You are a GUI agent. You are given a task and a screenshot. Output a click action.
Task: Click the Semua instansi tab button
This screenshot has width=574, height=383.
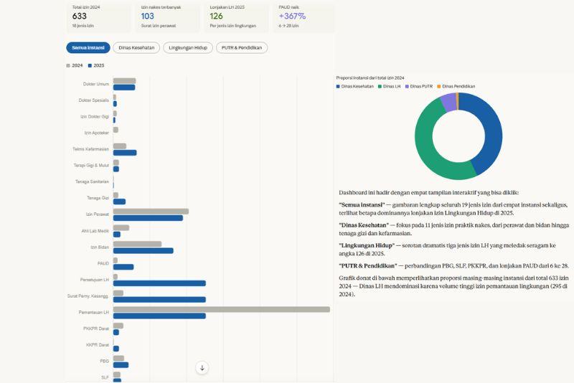88,48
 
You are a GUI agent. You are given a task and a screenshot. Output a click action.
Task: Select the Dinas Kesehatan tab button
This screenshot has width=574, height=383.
136,48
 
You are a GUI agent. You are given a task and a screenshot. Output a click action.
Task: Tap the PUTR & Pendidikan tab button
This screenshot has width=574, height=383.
242,48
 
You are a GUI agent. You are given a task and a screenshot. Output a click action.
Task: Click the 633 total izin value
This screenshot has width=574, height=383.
80,16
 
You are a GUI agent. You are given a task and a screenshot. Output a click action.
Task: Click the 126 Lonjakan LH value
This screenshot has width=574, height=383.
217,16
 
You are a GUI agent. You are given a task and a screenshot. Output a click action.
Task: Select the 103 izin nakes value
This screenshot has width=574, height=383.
148,16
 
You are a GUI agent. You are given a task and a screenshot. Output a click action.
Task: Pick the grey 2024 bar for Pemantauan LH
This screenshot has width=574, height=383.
221,309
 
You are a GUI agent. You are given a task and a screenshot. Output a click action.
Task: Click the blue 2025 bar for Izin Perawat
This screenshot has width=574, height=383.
148,217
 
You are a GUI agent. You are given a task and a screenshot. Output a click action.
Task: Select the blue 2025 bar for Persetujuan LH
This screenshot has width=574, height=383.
159,283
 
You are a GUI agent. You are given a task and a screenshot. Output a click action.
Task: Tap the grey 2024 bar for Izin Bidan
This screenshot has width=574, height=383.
137,244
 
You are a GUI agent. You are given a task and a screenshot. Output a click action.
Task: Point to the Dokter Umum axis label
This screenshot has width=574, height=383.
96,84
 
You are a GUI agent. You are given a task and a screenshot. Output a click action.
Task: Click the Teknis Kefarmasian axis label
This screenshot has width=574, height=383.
91,149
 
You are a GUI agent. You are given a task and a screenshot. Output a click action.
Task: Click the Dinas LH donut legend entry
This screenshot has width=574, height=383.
390,86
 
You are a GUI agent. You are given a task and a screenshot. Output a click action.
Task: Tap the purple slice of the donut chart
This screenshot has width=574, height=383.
448,102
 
